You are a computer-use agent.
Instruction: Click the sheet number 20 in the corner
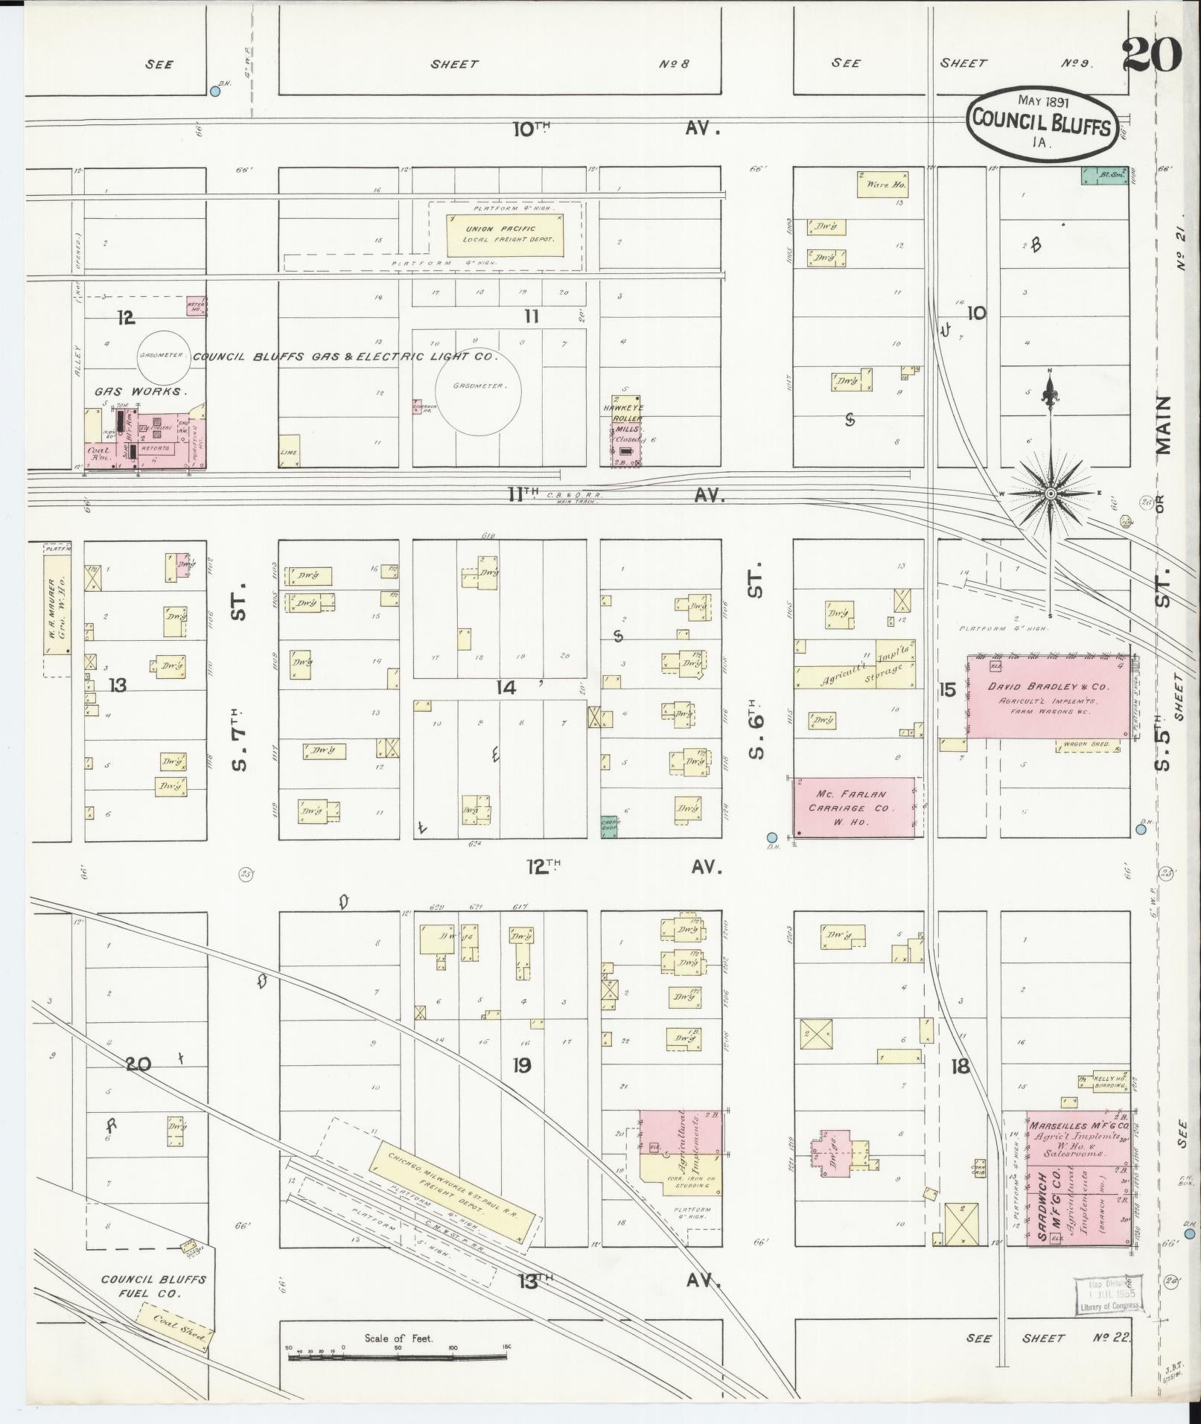click(1151, 54)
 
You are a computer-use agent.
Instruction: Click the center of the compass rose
click(1050, 494)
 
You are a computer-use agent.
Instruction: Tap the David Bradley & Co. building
click(1048, 697)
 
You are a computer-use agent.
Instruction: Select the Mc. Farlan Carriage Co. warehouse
click(854, 807)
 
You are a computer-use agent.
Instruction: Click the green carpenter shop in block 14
click(610, 826)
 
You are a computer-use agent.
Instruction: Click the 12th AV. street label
click(623, 866)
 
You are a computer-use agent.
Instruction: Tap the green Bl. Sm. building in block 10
click(1104, 175)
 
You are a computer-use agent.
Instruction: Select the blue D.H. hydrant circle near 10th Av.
click(215, 91)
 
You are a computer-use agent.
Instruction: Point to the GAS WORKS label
click(140, 390)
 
